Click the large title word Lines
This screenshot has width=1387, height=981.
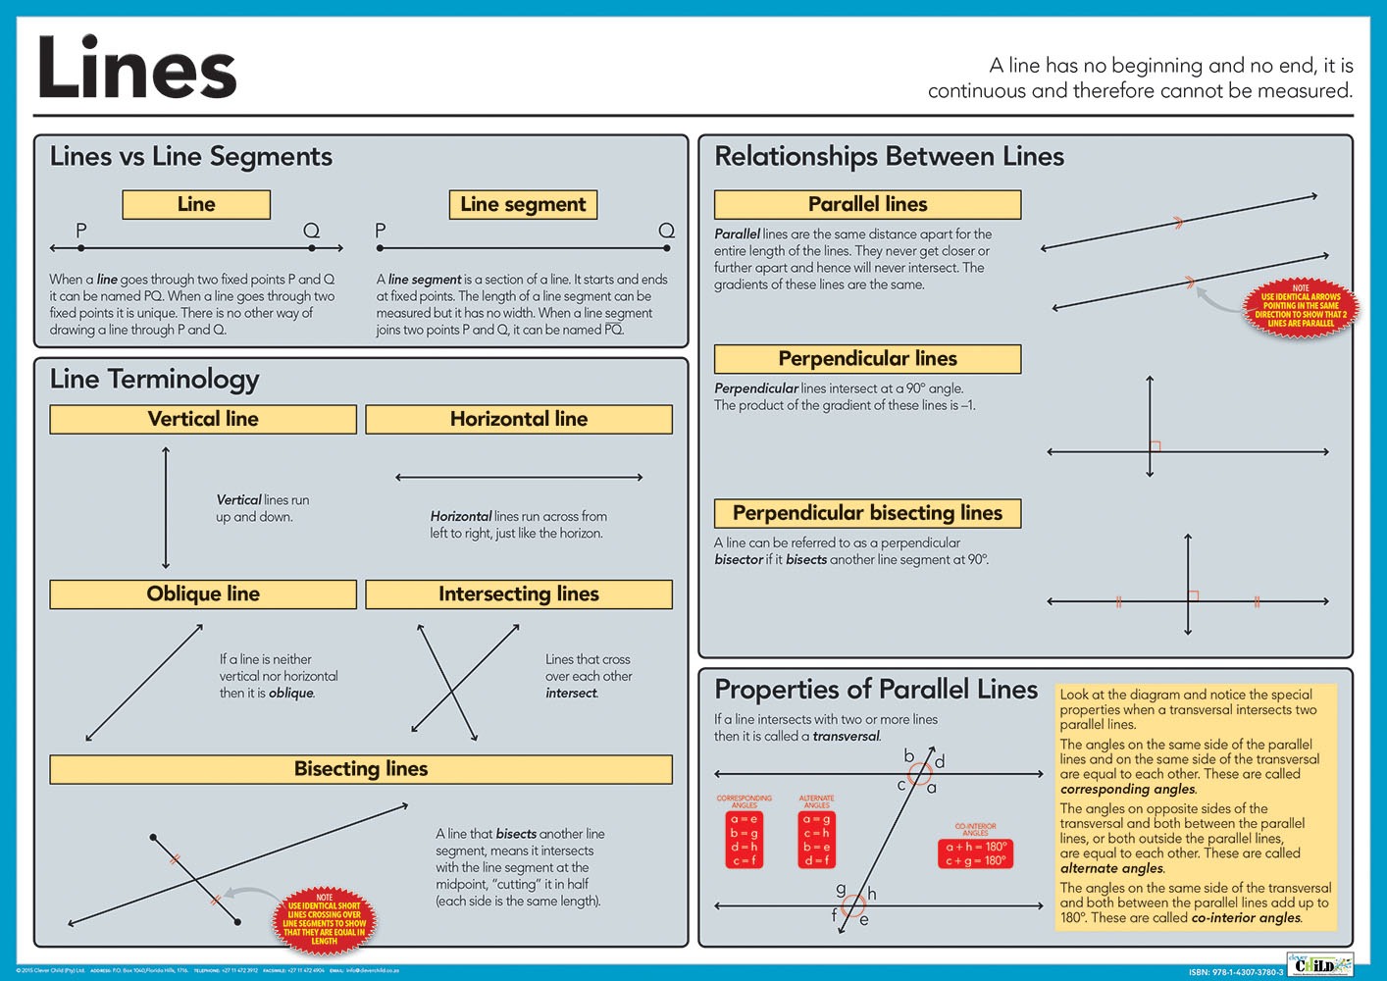(136, 69)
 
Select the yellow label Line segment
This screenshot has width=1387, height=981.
(523, 204)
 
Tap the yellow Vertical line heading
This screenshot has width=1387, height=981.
(203, 419)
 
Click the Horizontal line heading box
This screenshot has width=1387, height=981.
(519, 419)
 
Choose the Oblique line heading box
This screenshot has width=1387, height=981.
(203, 594)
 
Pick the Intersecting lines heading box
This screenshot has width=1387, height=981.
(519, 594)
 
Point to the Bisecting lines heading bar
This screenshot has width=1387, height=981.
(361, 769)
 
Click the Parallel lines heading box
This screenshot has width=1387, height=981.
(867, 204)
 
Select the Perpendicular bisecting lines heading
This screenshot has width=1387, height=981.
(867, 513)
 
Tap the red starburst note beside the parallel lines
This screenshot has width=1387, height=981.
(1301, 306)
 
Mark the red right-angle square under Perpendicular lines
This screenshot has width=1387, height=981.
(1156, 446)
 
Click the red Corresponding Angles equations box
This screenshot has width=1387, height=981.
(744, 839)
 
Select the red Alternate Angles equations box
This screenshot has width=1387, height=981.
(816, 839)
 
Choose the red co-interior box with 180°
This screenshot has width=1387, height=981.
(975, 853)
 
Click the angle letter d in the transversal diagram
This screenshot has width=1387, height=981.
(940, 761)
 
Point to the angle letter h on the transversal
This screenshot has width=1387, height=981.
(871, 894)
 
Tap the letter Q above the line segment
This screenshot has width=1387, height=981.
(666, 231)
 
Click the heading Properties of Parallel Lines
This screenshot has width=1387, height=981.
(876, 690)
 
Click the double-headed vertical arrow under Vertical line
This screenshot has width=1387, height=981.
(166, 508)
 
